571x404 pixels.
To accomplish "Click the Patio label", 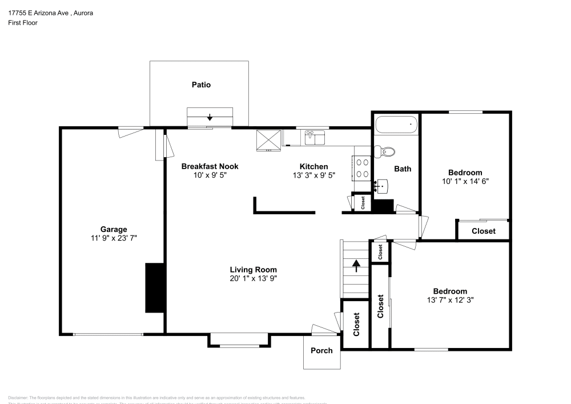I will pos(200,85).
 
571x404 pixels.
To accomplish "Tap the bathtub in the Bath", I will pos(396,124).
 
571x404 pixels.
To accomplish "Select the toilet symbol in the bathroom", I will pos(387,151).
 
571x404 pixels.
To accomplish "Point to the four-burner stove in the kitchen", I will pos(362,169).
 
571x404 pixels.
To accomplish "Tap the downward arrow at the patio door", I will pos(210,117).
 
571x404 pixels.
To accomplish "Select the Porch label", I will pos(321,350).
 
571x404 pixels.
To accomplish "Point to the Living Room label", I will pos(254,270).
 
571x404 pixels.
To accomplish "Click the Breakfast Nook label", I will pos(210,166).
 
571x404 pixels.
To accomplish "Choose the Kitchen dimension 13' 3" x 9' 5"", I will pos(313,175).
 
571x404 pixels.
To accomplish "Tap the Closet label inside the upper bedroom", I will pos(483,231).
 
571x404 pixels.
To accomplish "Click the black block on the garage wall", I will pos(155,287).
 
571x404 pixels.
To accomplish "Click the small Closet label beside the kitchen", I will pos(362,203).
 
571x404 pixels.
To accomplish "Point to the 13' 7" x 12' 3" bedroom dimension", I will pos(450,299).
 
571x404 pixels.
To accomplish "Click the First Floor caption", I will pos(22,23).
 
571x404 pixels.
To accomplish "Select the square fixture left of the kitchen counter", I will pos(268,139).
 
